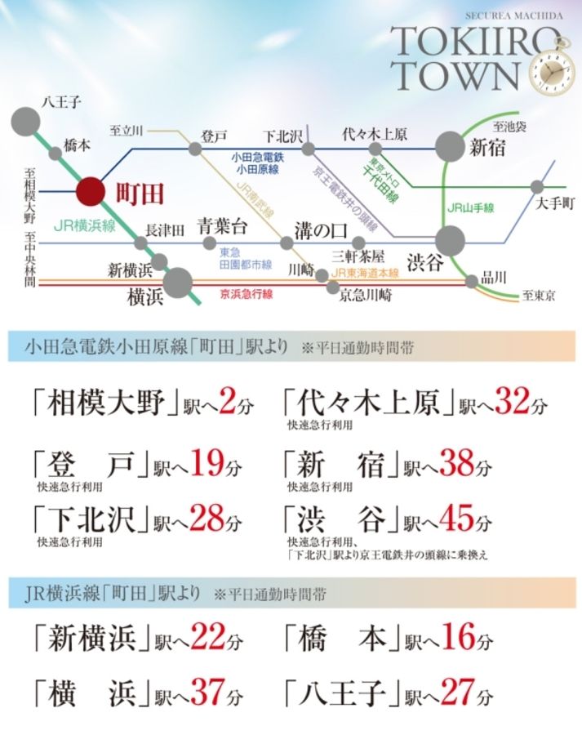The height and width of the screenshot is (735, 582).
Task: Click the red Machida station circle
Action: [91, 193]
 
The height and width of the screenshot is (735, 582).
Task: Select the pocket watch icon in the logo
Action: [549, 75]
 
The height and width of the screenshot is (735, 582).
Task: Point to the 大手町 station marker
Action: [537, 186]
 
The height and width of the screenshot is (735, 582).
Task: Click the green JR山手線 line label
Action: [471, 208]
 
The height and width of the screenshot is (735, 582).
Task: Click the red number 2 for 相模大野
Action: [228, 402]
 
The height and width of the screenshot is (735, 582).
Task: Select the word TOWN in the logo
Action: [455, 76]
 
